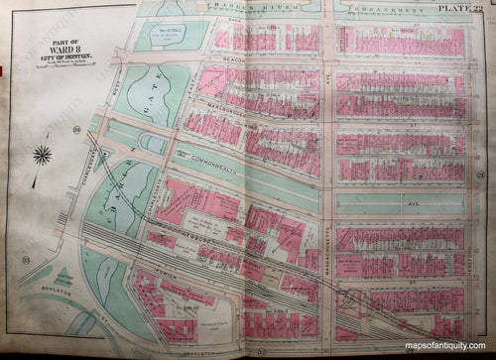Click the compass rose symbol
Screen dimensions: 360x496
[x=42, y=155]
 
